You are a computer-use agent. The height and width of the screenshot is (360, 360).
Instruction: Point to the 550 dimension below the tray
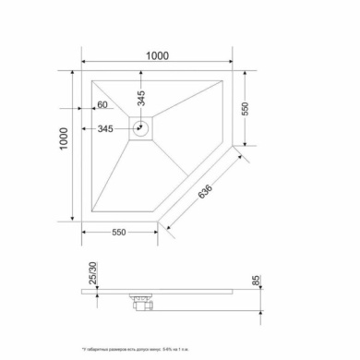pos(113,233)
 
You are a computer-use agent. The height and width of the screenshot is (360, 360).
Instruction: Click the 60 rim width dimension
pos(102,107)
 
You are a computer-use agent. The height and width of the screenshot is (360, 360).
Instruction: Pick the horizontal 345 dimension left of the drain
pos(105,129)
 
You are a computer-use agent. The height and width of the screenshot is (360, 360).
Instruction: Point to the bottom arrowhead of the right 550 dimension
pos(245,143)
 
